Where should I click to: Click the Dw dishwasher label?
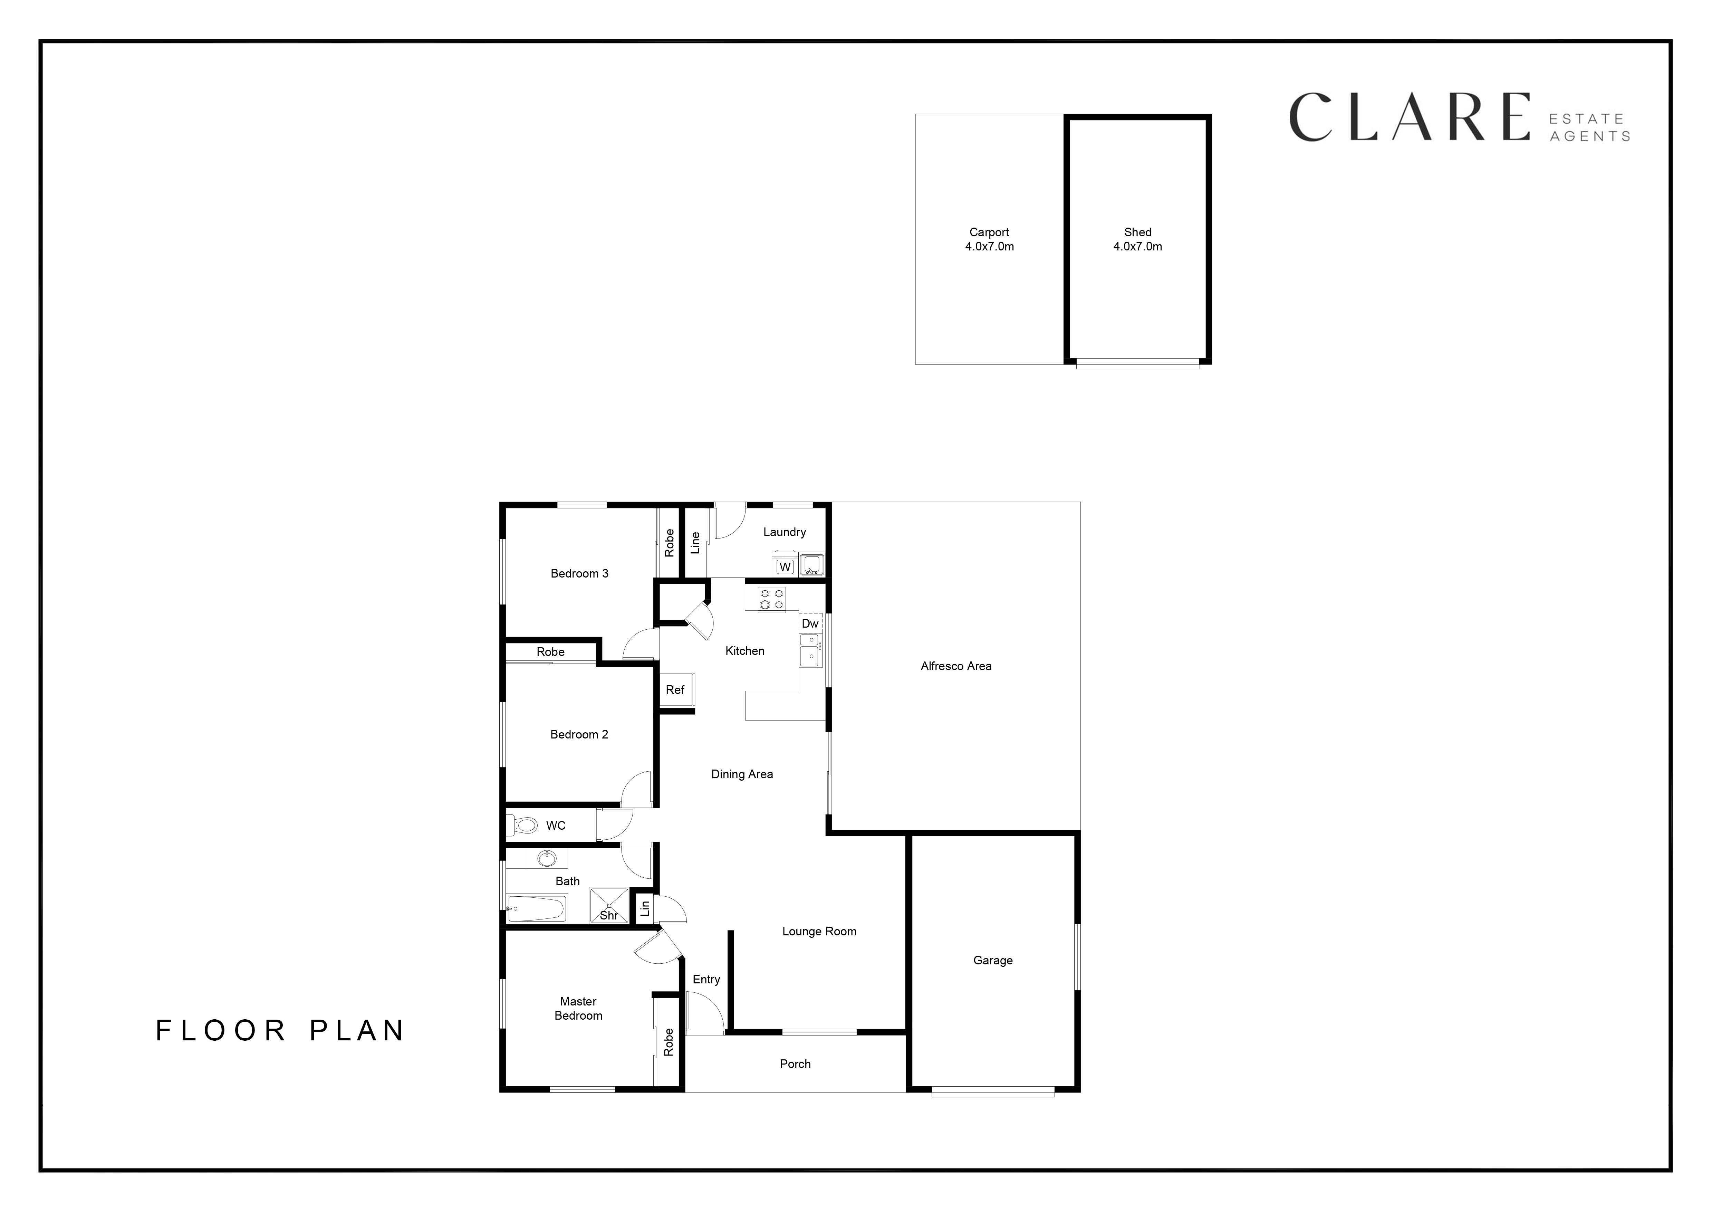pyautogui.click(x=810, y=623)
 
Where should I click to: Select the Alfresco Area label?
pyautogui.click(x=956, y=666)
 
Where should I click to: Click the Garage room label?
pyautogui.click(x=992, y=961)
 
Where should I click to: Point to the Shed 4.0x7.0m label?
pyautogui.click(x=1138, y=239)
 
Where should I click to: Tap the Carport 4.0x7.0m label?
pyautogui.click(x=990, y=239)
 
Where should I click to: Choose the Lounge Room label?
pyautogui.click(x=819, y=931)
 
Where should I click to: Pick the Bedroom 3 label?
pyautogui.click(x=579, y=573)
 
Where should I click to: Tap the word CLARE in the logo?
pyautogui.click(x=1409, y=117)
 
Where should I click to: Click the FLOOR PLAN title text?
pyautogui.click(x=280, y=1031)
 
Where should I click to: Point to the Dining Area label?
pyautogui.click(x=742, y=774)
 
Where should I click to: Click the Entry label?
pyautogui.click(x=706, y=979)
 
